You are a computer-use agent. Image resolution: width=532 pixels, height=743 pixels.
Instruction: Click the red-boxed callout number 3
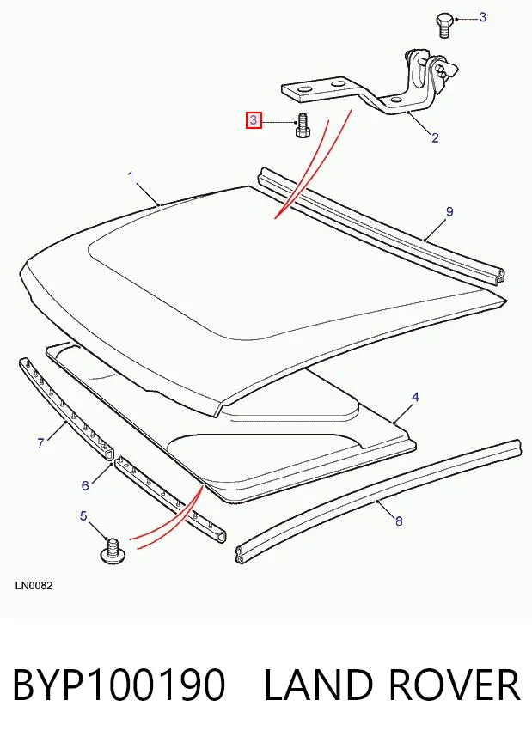[254, 120]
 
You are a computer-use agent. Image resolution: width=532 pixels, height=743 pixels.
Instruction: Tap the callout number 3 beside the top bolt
[483, 17]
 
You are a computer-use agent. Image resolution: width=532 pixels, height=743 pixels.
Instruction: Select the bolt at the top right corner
[443, 26]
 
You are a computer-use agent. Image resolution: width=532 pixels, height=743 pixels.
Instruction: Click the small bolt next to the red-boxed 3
[302, 125]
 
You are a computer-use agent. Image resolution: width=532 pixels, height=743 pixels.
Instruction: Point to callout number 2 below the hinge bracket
[435, 138]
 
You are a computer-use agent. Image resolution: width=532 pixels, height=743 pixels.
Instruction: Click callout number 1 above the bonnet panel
[131, 176]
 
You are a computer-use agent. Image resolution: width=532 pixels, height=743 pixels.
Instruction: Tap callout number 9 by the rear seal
[449, 212]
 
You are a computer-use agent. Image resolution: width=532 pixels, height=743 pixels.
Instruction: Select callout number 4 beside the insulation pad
[415, 397]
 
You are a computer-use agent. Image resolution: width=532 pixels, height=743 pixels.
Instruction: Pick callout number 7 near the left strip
[40, 443]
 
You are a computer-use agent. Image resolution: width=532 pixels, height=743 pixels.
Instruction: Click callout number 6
[85, 485]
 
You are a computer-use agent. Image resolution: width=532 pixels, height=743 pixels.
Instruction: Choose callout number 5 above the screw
[83, 515]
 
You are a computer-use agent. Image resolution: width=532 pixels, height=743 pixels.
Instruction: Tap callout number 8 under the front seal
[399, 521]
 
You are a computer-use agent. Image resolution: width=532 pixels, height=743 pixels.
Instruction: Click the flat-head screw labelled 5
[113, 551]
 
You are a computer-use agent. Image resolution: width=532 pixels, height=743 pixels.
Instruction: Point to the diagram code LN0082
[34, 586]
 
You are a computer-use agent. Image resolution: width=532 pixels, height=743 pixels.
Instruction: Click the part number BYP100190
[118, 685]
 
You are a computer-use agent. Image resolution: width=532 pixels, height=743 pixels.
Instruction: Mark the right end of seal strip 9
[498, 277]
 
